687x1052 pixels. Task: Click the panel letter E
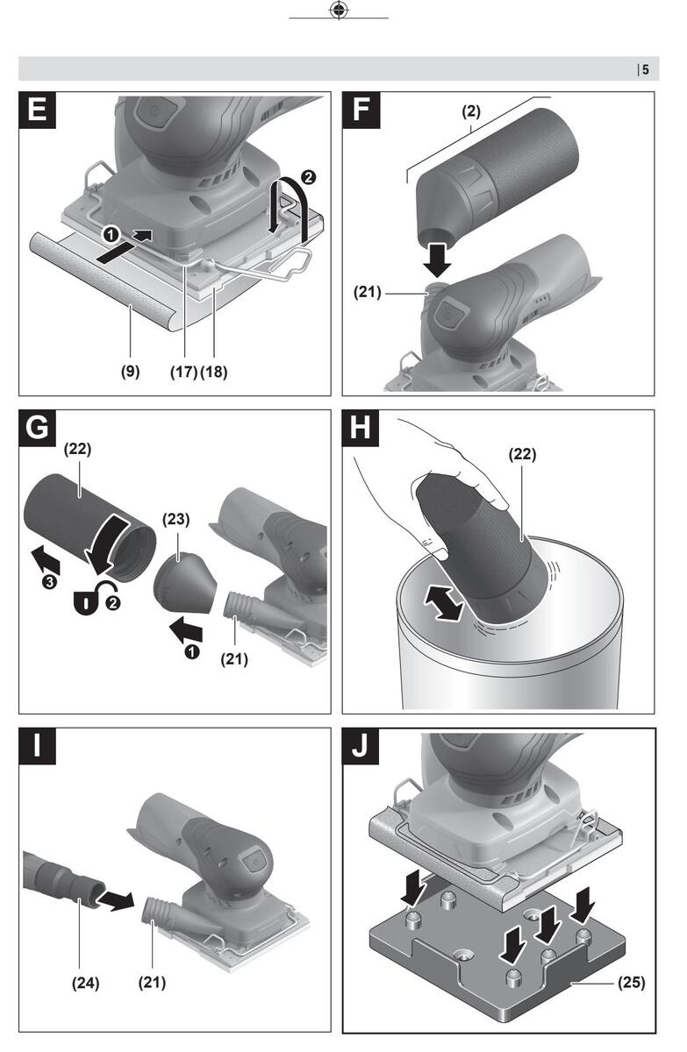point(37,110)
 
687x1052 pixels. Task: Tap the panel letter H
point(361,429)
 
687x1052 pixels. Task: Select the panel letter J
point(361,746)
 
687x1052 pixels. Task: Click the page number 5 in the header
point(646,69)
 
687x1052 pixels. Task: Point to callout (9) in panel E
point(130,372)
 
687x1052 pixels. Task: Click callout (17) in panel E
point(183,372)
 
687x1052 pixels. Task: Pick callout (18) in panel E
point(214,372)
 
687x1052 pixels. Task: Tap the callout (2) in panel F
point(471,111)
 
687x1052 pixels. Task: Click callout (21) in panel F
point(367,292)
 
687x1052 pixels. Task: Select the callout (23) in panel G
point(176,519)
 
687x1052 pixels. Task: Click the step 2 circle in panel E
point(308,177)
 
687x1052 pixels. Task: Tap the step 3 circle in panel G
point(49,582)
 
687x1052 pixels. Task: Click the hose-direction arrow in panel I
point(116,899)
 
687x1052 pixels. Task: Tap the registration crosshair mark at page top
point(339,10)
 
